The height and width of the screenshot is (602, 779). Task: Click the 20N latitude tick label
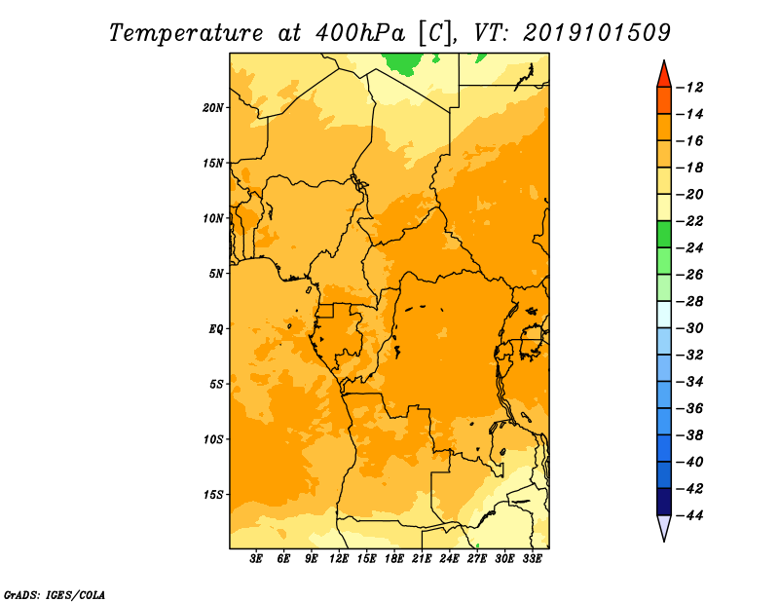212,108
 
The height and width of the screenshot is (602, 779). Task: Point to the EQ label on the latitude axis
216,329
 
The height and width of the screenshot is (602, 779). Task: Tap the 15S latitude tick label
212,495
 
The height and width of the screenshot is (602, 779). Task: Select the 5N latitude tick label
216,274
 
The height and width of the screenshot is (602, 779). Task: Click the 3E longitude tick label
256,559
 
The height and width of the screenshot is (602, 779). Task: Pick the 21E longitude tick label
422,559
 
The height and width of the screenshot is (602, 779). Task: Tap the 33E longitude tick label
532,559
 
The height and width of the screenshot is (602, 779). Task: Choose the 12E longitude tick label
339,559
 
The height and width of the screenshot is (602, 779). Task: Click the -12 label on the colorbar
689,88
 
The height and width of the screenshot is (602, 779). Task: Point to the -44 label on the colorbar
689,515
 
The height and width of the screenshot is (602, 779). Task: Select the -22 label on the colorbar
689,221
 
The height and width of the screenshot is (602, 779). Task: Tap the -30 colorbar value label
689,328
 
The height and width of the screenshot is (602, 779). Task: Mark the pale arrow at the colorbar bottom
664,526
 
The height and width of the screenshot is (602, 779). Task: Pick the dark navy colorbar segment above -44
664,502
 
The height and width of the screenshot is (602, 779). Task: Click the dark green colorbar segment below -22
664,235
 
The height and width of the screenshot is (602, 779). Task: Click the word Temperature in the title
186,33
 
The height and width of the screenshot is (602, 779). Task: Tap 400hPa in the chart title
359,33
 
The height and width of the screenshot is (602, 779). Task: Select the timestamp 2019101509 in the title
597,33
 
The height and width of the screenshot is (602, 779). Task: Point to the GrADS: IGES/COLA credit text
54,595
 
